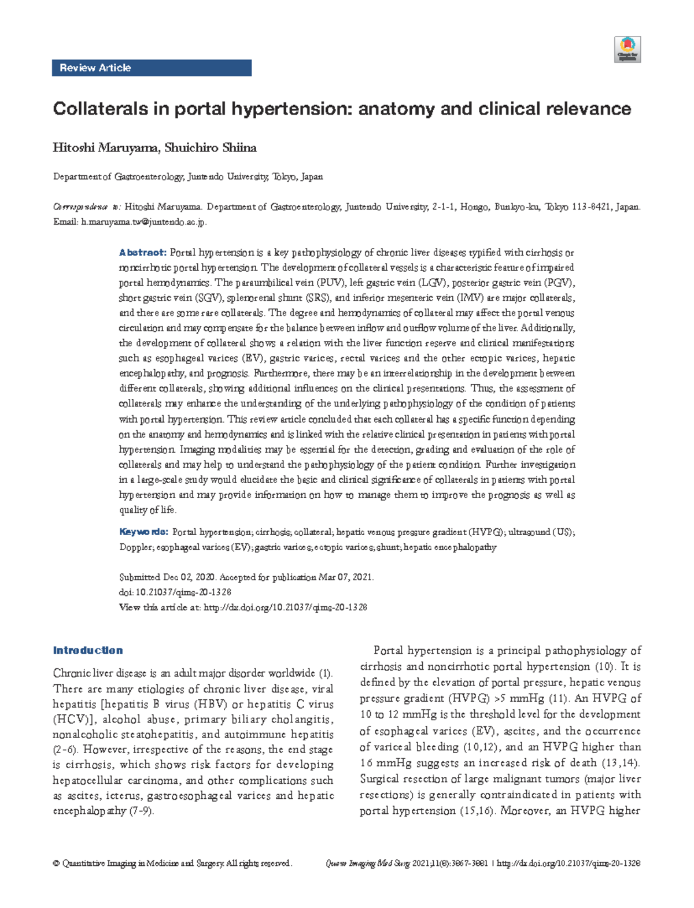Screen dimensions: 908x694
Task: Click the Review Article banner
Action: (152, 68)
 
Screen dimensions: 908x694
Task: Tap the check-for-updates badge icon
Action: (627, 49)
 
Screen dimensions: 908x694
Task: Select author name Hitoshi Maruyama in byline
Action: (105, 148)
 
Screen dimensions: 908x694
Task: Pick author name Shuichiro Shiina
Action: (211, 148)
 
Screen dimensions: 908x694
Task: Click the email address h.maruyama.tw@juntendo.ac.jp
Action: (143, 222)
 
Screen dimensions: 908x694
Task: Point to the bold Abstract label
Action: (142, 253)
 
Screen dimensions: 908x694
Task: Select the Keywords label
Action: (143, 532)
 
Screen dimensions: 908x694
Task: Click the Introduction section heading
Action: (87, 650)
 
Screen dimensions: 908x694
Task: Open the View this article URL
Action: (286, 607)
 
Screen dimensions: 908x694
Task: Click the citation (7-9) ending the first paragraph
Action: (141, 811)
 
